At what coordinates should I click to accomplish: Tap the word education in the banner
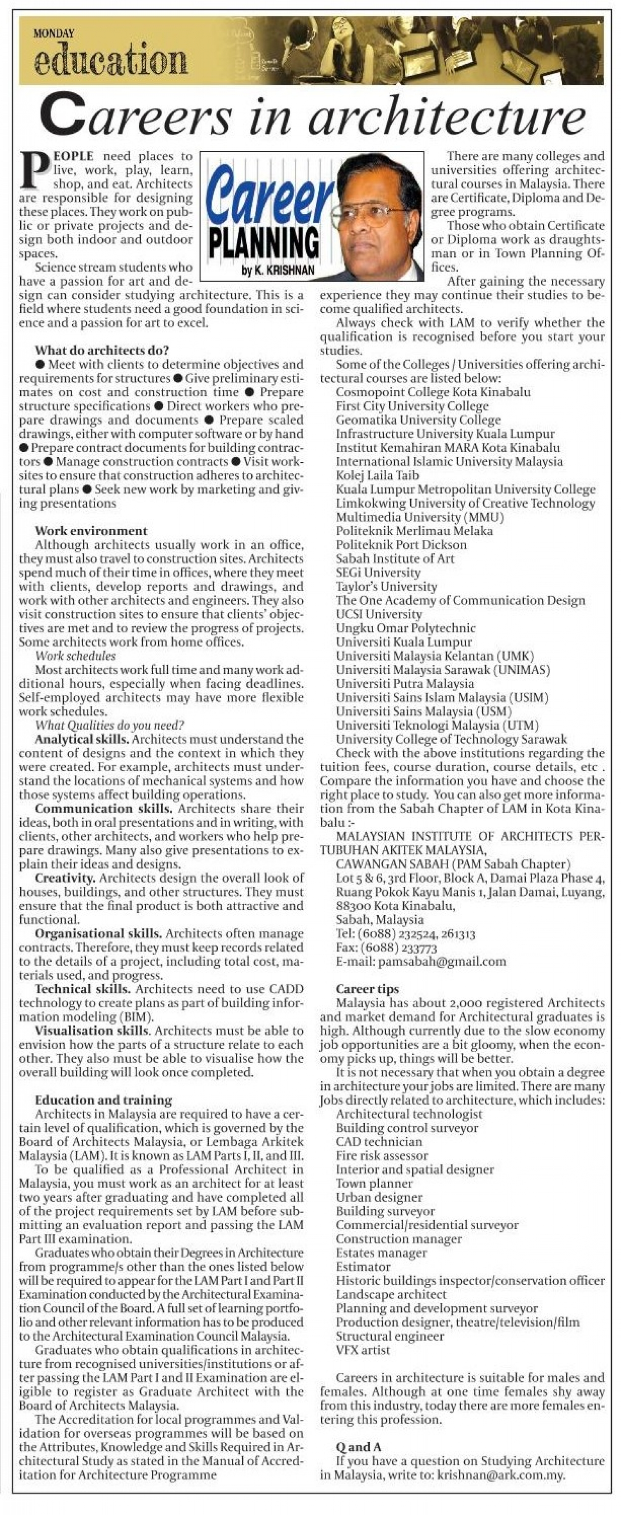(111, 60)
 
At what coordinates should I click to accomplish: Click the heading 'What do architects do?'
(102, 350)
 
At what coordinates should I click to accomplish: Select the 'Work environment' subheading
(91, 531)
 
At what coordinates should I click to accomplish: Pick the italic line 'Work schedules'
(75, 656)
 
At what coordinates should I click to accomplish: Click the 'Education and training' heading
(103, 1100)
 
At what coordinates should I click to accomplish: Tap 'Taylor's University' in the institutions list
(386, 586)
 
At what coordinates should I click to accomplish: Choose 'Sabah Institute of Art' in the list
(395, 559)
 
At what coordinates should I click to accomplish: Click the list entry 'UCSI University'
(379, 614)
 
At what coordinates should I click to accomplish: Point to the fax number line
(386, 948)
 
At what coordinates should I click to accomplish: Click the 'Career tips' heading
(368, 989)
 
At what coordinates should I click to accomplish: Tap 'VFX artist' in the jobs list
(363, 1350)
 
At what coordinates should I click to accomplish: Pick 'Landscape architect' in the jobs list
(391, 1294)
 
